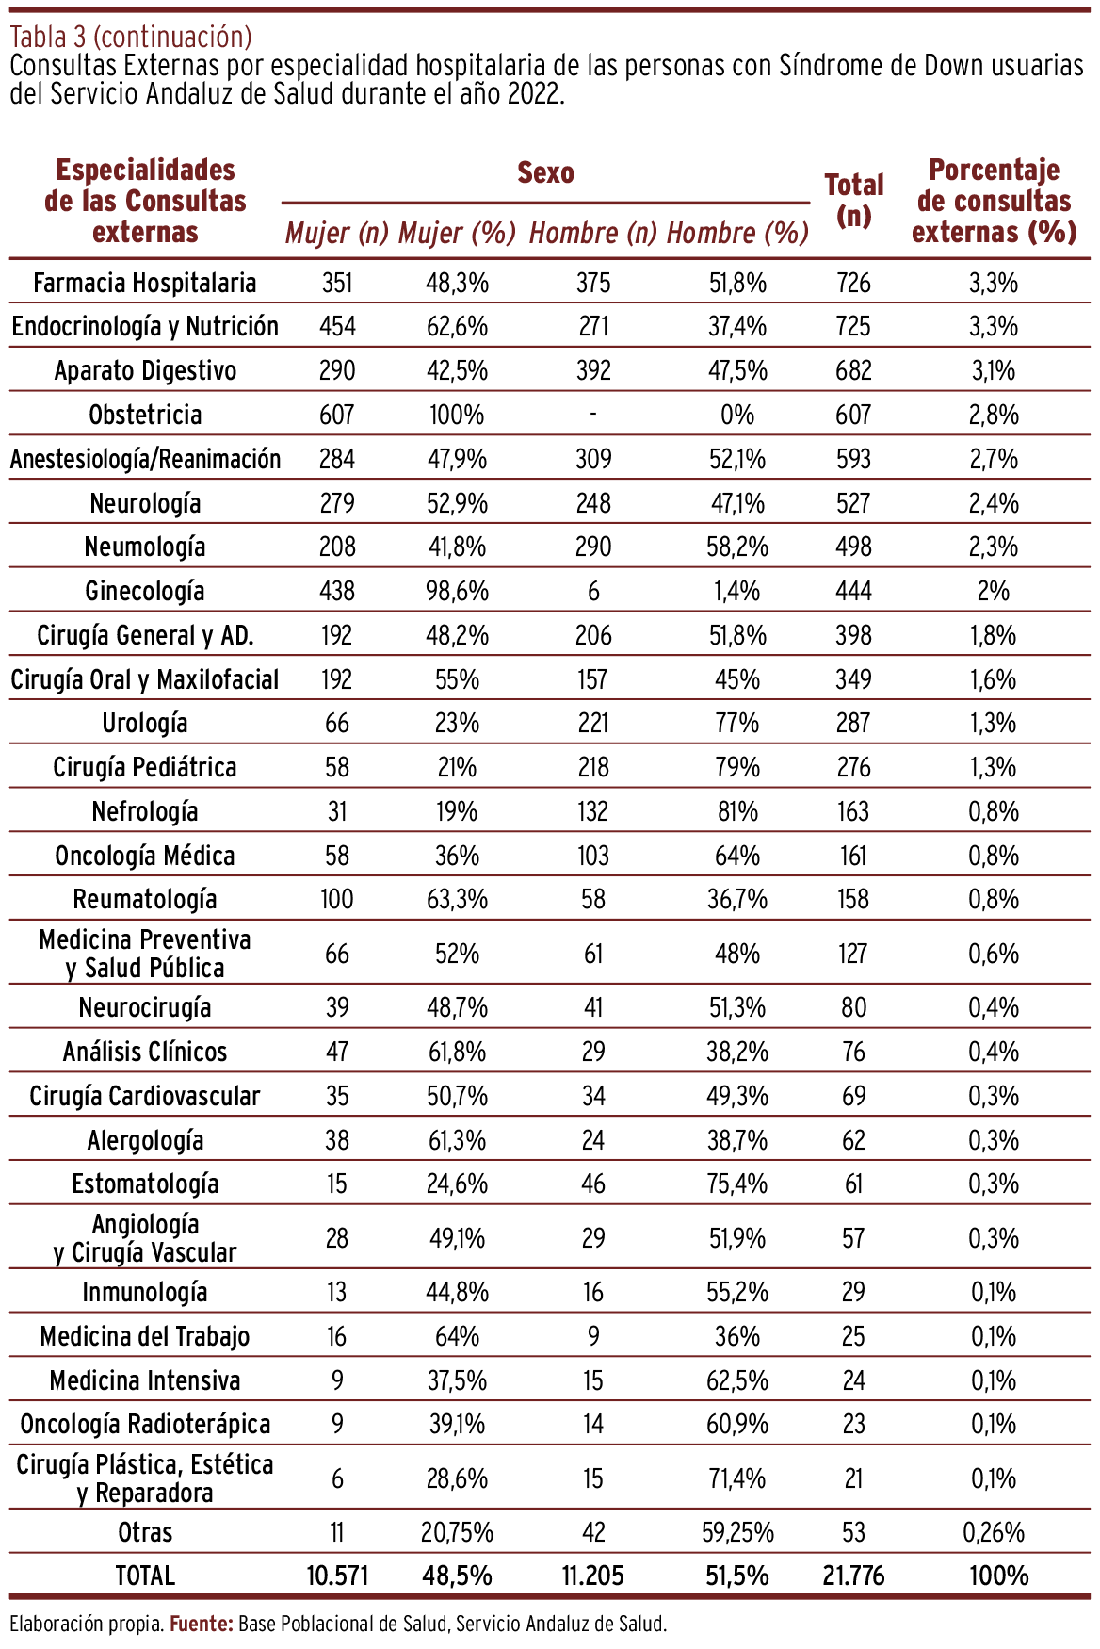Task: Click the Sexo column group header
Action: click(545, 173)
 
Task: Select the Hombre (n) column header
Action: click(592, 234)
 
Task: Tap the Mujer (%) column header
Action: click(457, 234)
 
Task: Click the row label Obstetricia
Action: click(145, 415)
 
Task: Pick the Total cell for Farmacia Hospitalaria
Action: click(853, 283)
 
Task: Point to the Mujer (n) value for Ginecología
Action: click(337, 591)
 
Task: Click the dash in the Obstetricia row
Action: click(592, 415)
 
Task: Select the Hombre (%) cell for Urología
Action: click(737, 723)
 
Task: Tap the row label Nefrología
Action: click(145, 811)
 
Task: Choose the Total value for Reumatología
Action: click(853, 899)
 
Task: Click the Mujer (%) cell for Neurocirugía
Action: click(457, 1007)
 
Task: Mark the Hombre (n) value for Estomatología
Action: click(592, 1184)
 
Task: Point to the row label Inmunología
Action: click(145, 1292)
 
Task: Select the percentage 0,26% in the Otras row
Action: click(994, 1532)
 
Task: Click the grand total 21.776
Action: click(853, 1576)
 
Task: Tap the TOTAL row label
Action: click(145, 1576)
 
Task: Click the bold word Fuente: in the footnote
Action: click(202, 1624)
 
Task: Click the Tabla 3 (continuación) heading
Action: click(131, 37)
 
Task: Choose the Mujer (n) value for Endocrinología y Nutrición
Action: click(337, 326)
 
